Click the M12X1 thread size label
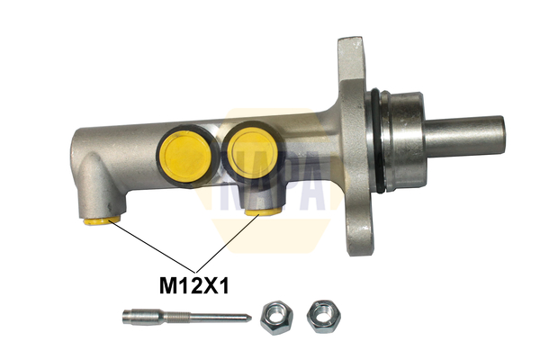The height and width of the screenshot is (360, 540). (193, 286)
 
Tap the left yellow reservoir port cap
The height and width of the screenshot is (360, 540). (186, 156)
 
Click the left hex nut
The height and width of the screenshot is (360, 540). (276, 318)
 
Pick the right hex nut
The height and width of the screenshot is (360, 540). (324, 316)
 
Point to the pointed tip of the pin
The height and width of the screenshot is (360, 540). (251, 318)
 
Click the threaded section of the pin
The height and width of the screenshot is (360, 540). (177, 317)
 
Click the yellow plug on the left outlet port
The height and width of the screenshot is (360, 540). (102, 220)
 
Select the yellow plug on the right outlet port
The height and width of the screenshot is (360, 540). (264, 211)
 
